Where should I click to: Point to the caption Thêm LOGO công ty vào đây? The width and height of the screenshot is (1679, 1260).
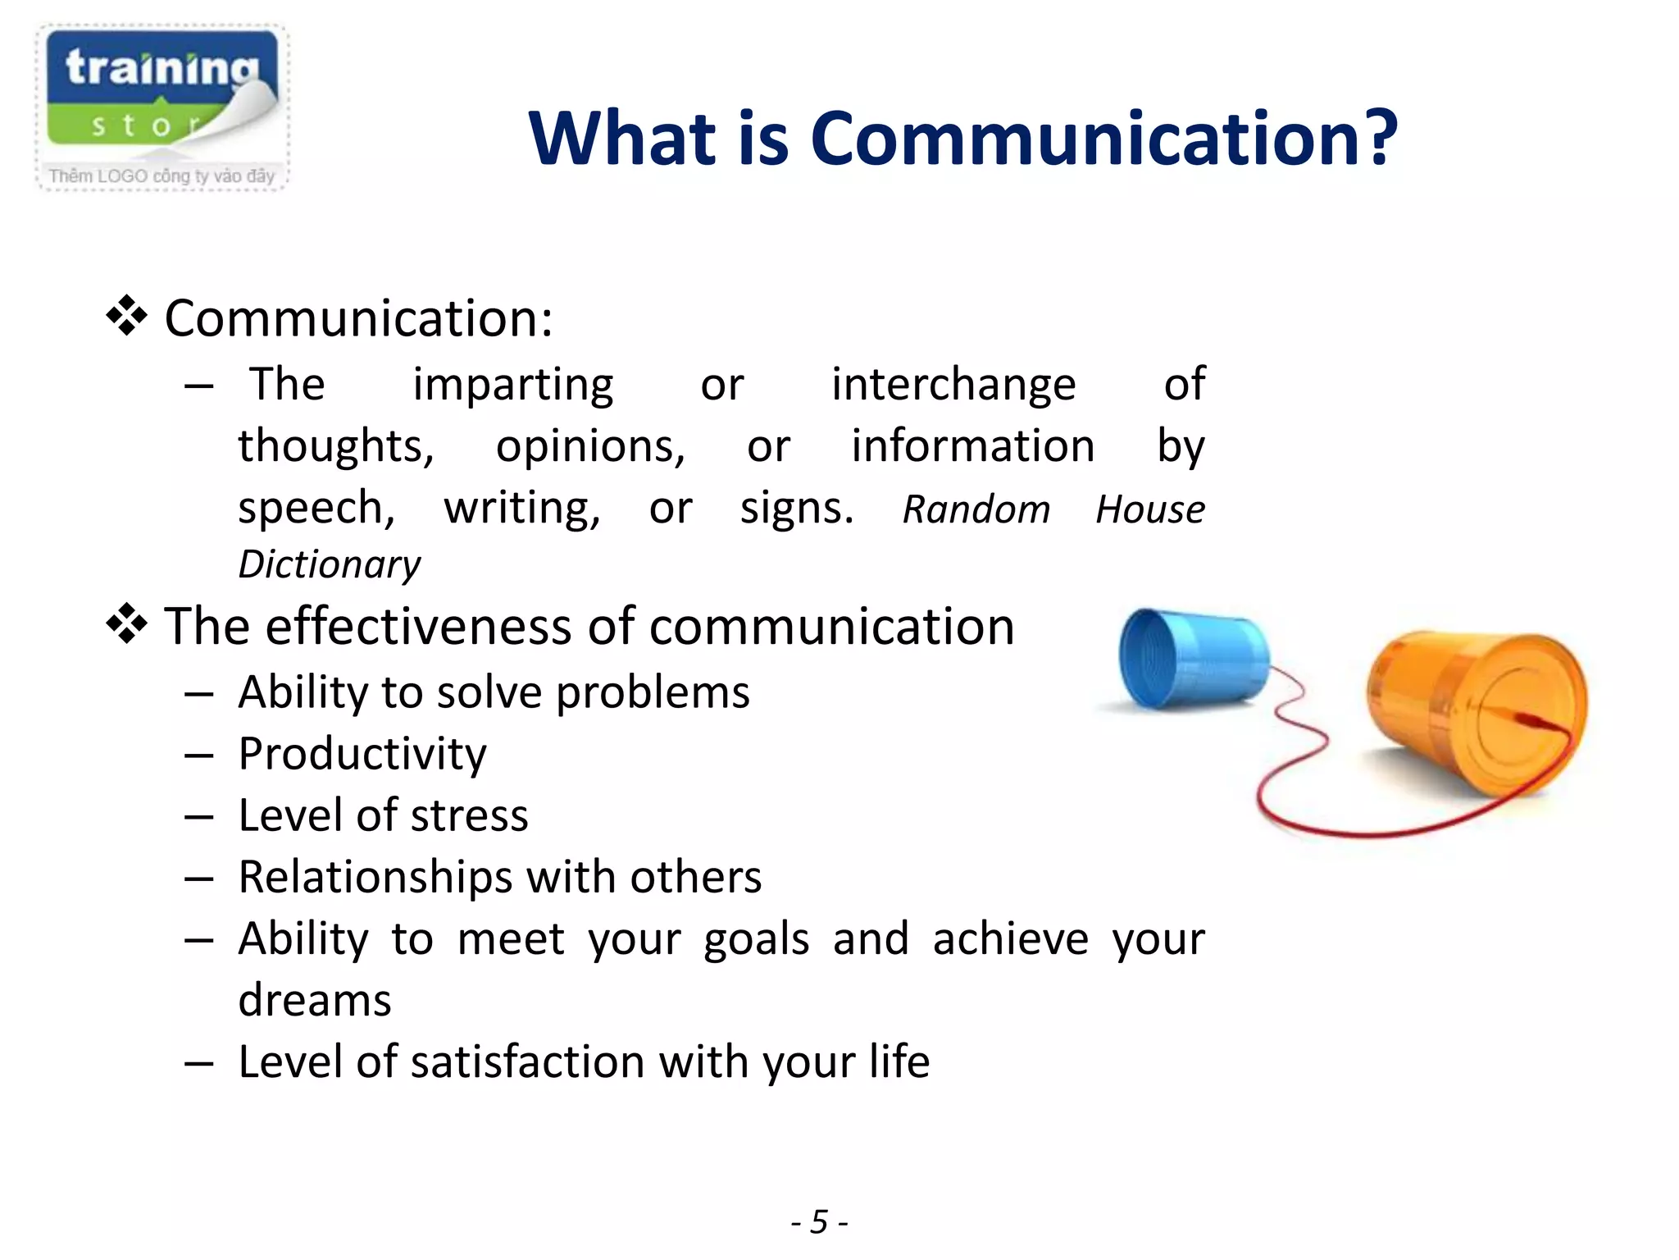(x=162, y=176)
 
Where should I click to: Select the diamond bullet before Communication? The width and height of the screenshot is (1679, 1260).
(x=126, y=317)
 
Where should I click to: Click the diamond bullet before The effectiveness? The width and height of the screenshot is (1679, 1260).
(x=126, y=625)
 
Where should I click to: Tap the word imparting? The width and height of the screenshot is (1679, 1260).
(x=512, y=384)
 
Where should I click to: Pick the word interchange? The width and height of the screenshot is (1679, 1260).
(x=953, y=384)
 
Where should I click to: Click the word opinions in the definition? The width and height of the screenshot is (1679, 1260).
(x=590, y=446)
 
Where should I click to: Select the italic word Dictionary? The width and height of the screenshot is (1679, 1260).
(x=329, y=564)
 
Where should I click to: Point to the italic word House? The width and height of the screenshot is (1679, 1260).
(x=1149, y=509)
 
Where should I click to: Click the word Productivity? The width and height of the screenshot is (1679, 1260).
(x=362, y=754)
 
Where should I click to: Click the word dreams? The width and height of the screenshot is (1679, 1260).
(x=315, y=1000)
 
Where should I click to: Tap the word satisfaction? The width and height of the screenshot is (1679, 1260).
(x=527, y=1061)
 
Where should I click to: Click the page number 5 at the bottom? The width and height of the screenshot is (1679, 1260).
(x=819, y=1221)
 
